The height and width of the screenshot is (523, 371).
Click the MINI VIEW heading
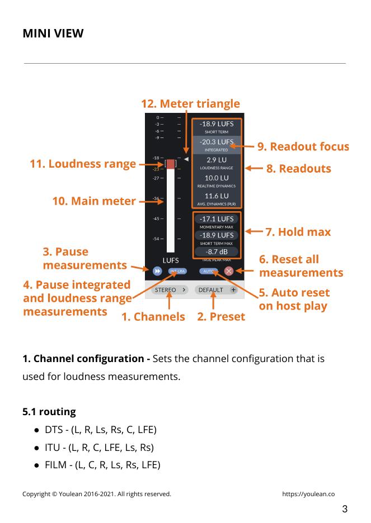[53, 34]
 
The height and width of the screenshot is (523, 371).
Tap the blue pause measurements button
[157, 271]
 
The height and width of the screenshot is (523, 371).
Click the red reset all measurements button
[229, 271]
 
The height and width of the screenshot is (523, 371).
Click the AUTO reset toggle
[208, 271]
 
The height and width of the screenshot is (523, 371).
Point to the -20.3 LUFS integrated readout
[217, 142]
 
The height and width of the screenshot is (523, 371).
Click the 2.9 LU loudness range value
[217, 160]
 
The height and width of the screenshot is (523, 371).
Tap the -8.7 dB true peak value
[217, 251]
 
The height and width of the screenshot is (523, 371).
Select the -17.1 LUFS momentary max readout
[217, 219]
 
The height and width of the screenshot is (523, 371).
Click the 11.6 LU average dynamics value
[217, 196]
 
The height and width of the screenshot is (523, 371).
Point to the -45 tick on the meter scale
[157, 218]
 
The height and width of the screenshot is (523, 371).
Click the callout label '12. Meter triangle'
[190, 104]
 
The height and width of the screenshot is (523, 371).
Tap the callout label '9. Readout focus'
[303, 147]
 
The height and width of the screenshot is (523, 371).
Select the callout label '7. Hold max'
[298, 232]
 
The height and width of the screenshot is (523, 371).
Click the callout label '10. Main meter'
[94, 201]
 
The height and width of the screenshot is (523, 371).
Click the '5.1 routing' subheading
[49, 412]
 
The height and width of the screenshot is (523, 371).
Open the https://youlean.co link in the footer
[308, 494]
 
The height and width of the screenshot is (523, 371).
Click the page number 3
[345, 509]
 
